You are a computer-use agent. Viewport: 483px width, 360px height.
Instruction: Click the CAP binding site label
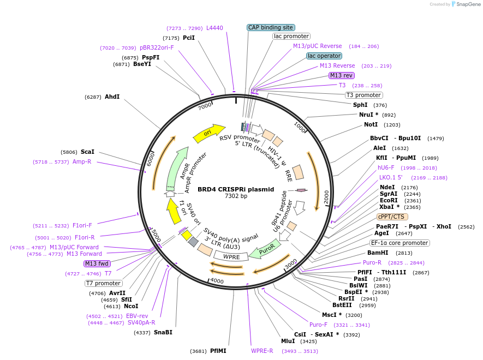click(x=271, y=27)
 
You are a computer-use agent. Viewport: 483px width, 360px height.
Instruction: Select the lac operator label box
click(x=324, y=56)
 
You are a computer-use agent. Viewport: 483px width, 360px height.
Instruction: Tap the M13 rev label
click(x=342, y=75)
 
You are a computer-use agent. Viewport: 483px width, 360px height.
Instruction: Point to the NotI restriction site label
click(x=371, y=125)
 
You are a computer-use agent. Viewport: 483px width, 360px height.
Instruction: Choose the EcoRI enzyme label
click(x=389, y=200)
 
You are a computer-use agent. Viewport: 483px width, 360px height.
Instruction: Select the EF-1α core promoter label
click(x=399, y=243)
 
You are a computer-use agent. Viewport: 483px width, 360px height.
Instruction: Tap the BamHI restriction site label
click(x=378, y=253)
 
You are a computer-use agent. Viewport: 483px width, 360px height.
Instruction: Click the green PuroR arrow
click(x=264, y=250)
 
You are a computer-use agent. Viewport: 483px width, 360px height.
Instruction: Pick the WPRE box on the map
click(x=231, y=256)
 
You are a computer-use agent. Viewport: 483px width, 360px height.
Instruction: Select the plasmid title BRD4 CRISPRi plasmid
click(x=236, y=189)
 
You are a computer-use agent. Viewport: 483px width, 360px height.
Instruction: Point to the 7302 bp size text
click(x=236, y=196)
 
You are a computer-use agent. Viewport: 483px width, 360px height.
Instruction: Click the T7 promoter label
click(x=103, y=283)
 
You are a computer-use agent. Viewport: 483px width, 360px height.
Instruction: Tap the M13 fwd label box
click(x=97, y=263)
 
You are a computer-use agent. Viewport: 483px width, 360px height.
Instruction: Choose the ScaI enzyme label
click(x=87, y=152)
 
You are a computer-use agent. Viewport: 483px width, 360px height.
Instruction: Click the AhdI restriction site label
click(x=112, y=97)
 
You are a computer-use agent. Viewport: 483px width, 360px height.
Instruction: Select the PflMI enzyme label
click(x=218, y=351)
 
